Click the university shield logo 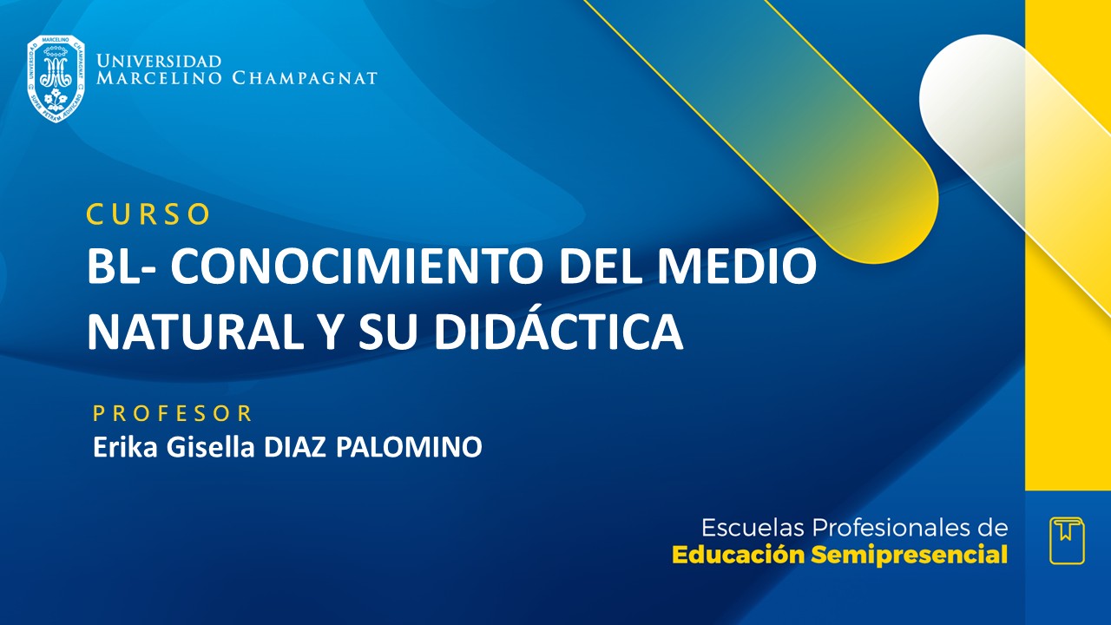click(x=56, y=78)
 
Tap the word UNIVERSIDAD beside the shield click(x=160, y=61)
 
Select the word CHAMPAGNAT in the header click(x=305, y=78)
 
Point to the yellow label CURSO click(x=148, y=214)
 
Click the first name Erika click(x=119, y=448)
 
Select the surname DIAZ click(x=296, y=448)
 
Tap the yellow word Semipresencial click(x=909, y=556)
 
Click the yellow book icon click(x=1067, y=541)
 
